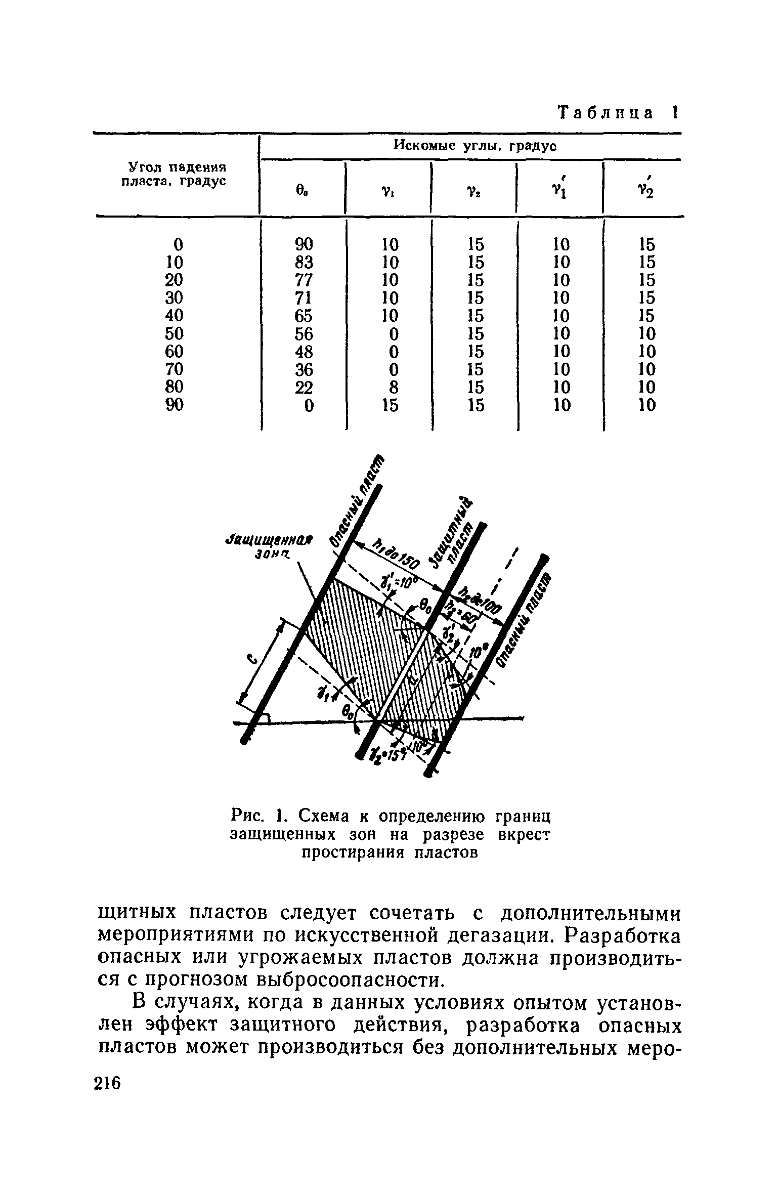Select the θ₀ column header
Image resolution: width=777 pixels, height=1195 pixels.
[303, 191]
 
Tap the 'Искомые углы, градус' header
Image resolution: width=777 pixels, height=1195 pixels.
[474, 147]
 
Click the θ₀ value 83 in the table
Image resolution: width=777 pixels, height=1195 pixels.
[304, 262]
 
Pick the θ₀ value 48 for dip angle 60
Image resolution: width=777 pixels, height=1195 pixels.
[304, 351]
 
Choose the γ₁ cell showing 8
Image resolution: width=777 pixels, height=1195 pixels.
[391, 387]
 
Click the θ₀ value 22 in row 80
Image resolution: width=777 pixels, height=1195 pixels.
[304, 387]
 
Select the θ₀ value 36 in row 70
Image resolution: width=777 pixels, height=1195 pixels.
[304, 369]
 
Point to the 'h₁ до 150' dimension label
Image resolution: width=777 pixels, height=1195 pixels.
[395, 554]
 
